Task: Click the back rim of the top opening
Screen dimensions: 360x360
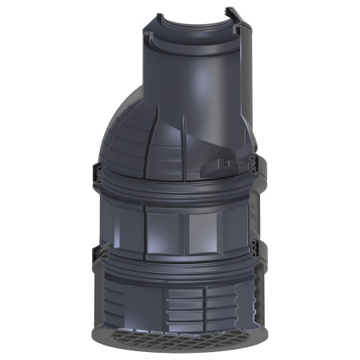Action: [192, 18]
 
